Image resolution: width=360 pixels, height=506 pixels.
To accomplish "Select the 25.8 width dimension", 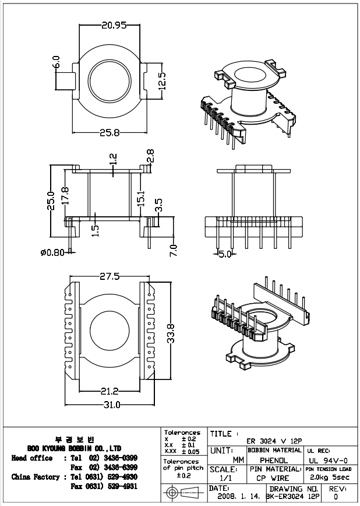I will click(110, 132).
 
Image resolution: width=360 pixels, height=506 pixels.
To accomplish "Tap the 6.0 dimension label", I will click(57, 61).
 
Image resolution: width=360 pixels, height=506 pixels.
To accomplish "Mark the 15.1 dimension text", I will click(140, 198).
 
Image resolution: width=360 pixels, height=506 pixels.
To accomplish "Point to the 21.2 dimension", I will click(110, 390).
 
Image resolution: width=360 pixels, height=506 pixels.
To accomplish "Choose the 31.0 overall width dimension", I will click(111, 405).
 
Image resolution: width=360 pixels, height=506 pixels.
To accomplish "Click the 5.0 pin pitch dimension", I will click(225, 254).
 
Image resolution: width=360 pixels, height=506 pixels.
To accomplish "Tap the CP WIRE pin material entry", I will click(273, 478).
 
